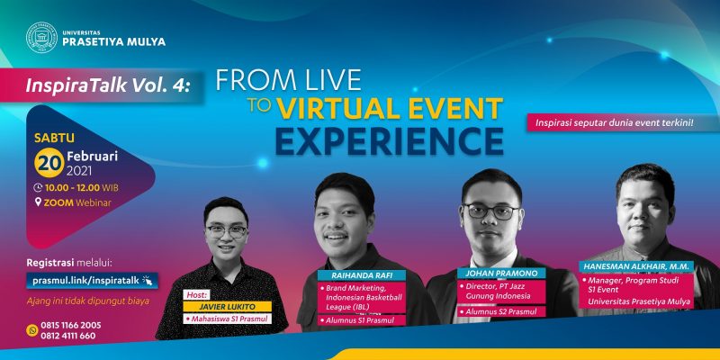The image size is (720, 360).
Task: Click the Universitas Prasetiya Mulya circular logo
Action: point(41,38)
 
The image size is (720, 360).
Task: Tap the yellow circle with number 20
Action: point(49,163)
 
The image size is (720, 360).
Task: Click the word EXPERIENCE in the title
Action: point(390,141)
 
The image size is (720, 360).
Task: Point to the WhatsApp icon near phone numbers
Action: point(32,330)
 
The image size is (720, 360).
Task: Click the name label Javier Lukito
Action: point(227,307)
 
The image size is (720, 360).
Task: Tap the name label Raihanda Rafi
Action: point(362,275)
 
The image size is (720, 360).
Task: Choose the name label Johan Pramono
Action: point(501,274)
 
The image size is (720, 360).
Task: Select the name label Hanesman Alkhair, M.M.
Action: point(636,266)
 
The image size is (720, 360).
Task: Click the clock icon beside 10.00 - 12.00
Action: point(38,187)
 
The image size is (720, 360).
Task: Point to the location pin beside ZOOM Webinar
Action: point(38,202)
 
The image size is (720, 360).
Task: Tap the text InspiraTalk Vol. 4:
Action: point(107,85)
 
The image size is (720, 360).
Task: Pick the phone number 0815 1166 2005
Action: point(71,325)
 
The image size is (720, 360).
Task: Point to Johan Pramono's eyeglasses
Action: point(490,211)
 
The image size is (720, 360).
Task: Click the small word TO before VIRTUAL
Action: point(260,105)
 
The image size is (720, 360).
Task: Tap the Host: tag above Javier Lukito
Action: point(196,295)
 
